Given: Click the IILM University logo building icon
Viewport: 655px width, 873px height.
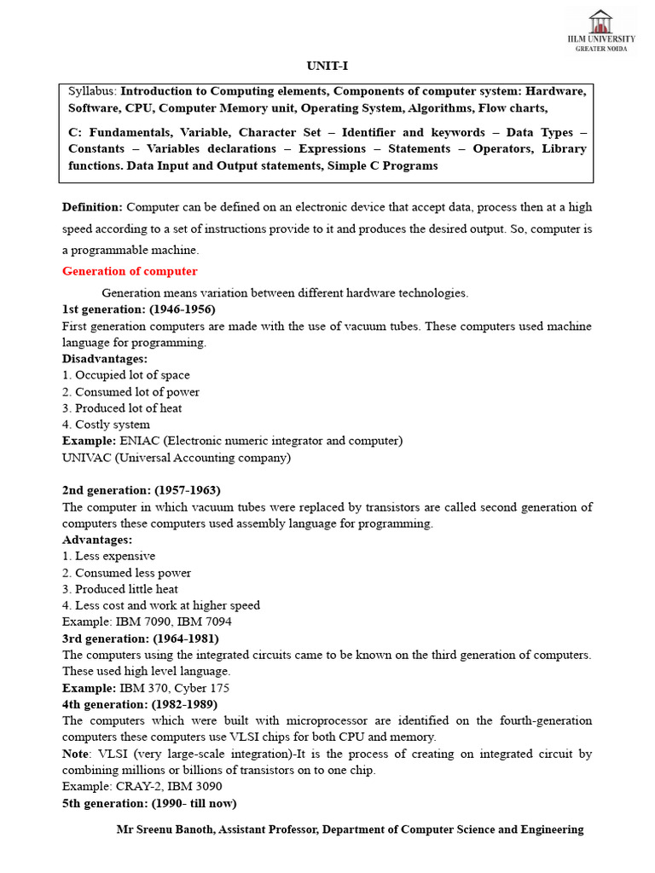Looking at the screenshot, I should tap(600, 21).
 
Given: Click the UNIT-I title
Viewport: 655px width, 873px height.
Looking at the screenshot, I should tap(327, 66).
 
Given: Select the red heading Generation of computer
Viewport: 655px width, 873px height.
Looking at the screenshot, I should tap(130, 271).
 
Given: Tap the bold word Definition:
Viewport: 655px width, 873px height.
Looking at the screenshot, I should tap(92, 207).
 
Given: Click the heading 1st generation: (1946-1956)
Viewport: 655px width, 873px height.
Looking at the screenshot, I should tap(138, 309).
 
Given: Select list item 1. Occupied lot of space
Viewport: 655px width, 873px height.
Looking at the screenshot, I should tap(126, 375).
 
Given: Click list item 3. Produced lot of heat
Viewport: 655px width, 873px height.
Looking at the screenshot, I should tap(122, 408).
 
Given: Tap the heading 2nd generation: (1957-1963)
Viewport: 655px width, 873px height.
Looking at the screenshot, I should tap(141, 490).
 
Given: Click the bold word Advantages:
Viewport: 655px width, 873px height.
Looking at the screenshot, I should tap(96, 541).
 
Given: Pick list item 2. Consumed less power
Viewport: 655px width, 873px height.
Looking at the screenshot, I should tap(126, 573).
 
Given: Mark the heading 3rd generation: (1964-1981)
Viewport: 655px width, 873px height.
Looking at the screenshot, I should tap(140, 639).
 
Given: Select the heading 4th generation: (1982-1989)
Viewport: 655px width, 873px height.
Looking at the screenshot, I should tap(140, 704).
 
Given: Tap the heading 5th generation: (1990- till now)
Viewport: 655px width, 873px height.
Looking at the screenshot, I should tap(149, 803).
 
